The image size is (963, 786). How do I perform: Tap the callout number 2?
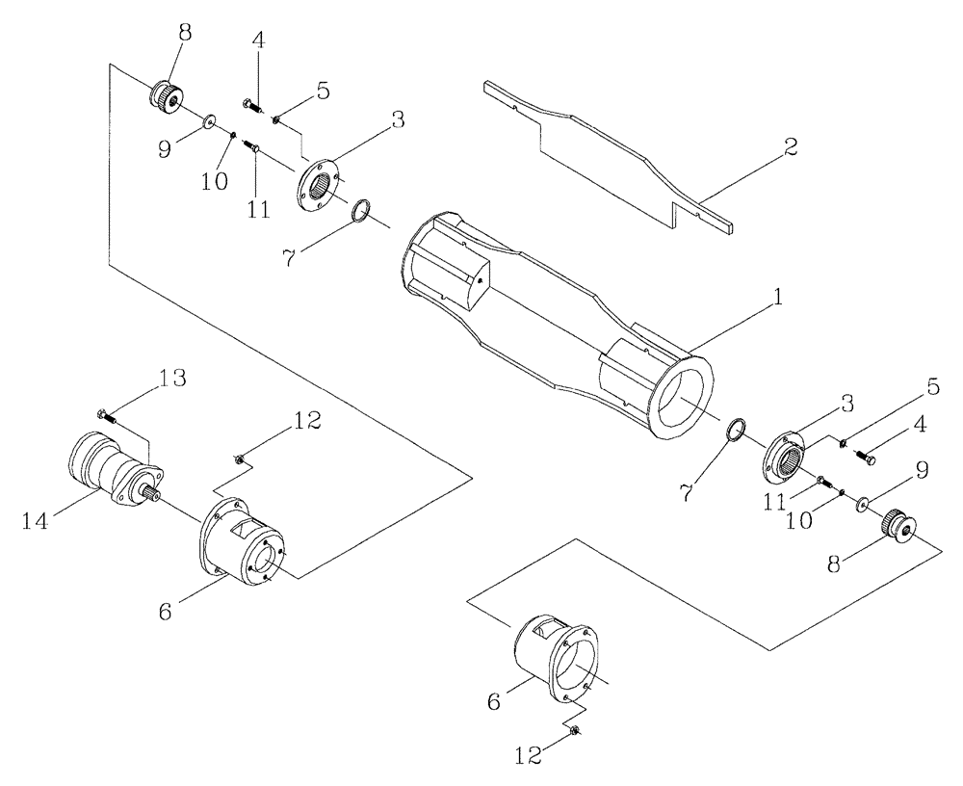tap(790, 147)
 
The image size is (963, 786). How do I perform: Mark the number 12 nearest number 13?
tap(307, 421)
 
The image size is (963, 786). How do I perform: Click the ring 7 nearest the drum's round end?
tap(735, 431)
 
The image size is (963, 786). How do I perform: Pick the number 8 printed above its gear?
tap(183, 33)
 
